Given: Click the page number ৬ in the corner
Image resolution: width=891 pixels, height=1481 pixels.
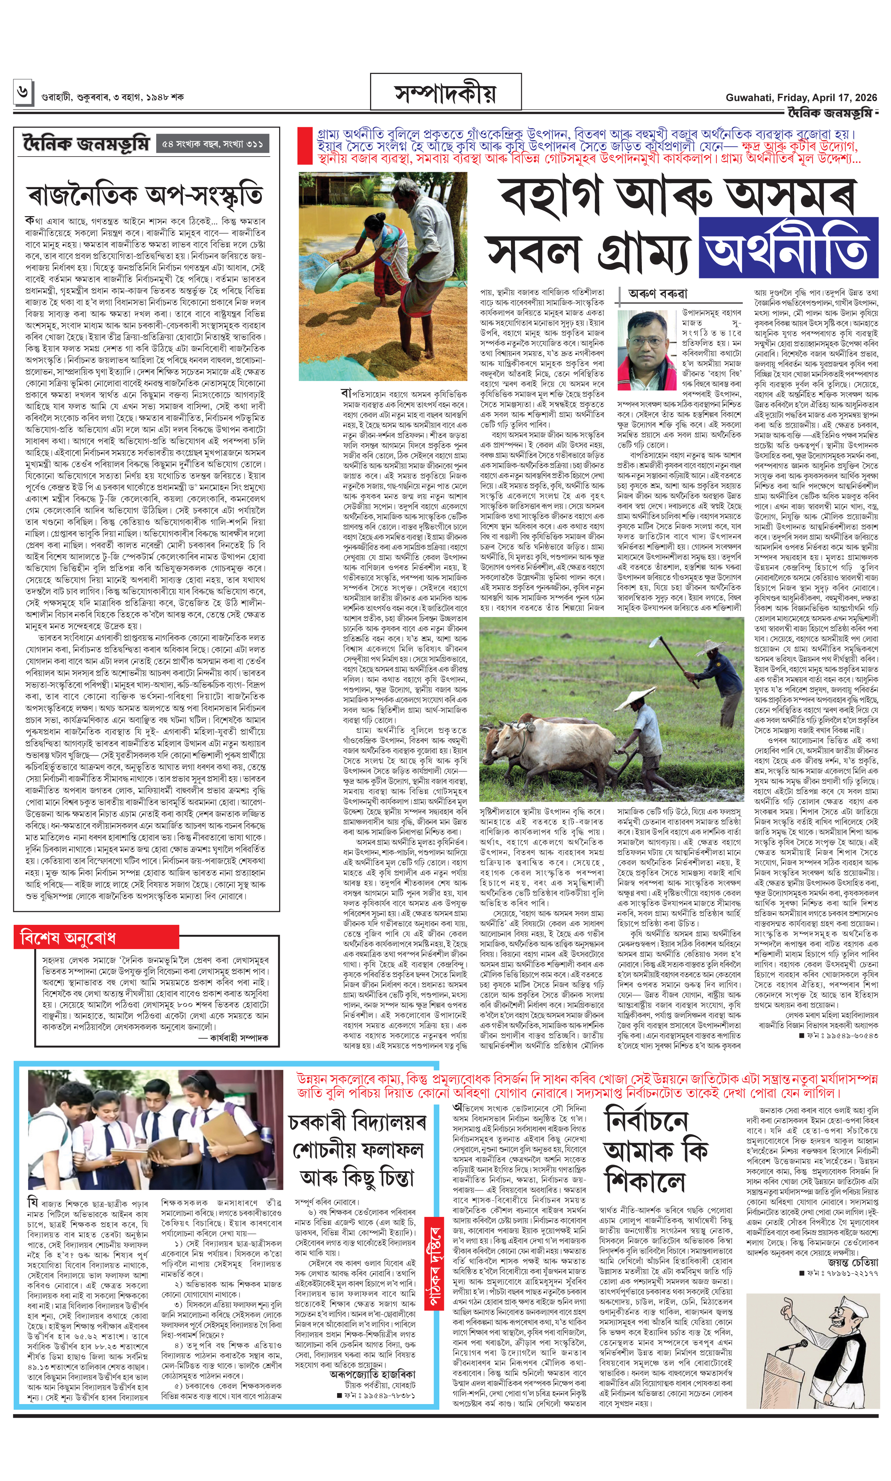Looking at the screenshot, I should point(22,93).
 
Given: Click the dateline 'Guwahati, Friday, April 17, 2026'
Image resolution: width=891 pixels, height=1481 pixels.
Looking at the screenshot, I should point(801,97).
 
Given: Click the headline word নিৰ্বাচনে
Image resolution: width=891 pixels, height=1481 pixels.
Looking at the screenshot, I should point(646,1121).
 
